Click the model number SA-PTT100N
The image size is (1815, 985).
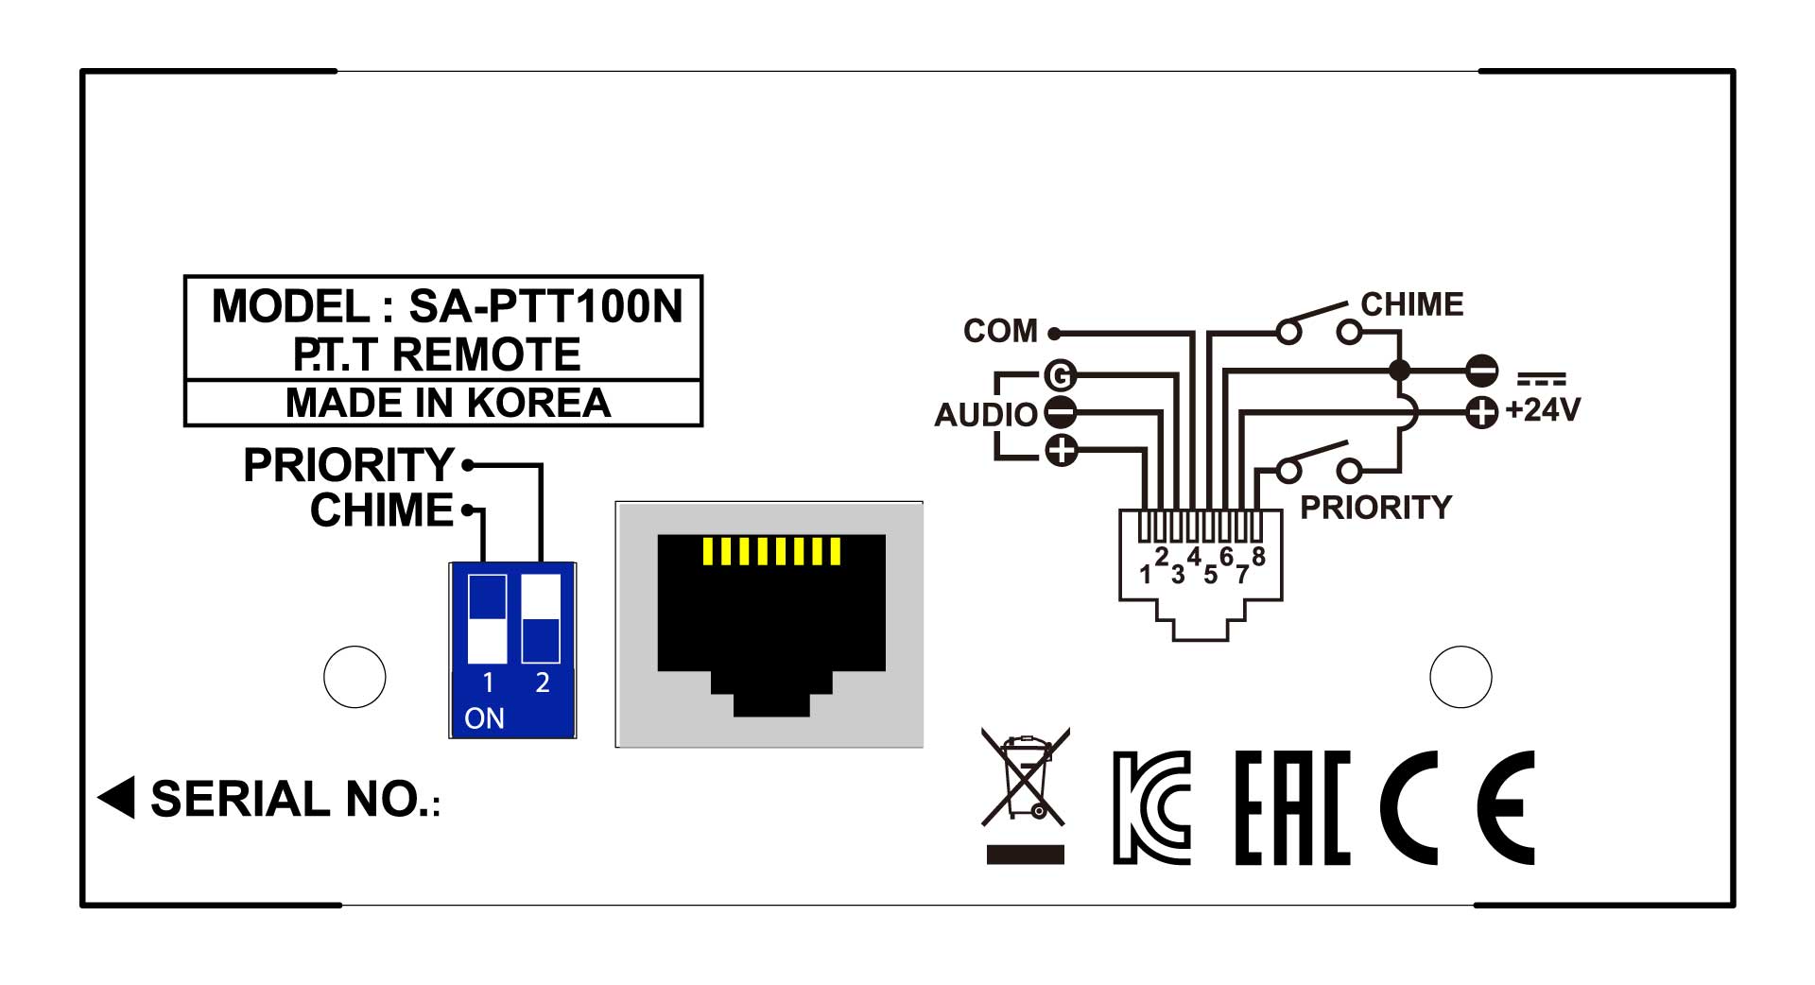[x=544, y=307]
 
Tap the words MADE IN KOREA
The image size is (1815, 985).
[x=447, y=404]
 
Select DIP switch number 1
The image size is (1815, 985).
[x=488, y=619]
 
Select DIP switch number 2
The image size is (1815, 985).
[x=542, y=619]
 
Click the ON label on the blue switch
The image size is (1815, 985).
[x=484, y=718]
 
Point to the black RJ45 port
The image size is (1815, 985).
[x=770, y=624]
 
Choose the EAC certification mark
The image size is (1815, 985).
[x=1292, y=807]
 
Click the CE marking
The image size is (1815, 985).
[x=1457, y=807]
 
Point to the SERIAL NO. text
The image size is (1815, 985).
[x=295, y=800]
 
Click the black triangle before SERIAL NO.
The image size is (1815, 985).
[x=117, y=797]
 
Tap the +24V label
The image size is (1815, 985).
[x=1543, y=410]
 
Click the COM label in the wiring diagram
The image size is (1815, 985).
[x=1000, y=331]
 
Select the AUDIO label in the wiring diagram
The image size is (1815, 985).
[x=985, y=414]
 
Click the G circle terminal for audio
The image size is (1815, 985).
[x=1061, y=376]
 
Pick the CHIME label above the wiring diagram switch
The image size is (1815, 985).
[x=1411, y=304]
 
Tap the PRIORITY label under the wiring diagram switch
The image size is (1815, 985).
[x=1375, y=508]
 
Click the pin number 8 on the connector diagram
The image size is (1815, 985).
[x=1258, y=556]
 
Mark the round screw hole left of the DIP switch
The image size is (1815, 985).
[x=354, y=677]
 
